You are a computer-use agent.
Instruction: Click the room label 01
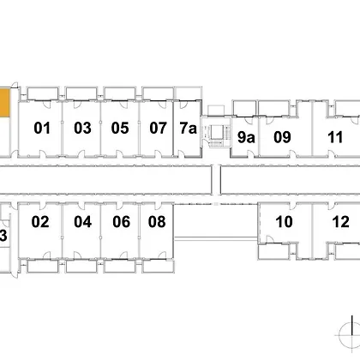pyautogui.click(x=42, y=128)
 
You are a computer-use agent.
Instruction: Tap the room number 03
pyautogui.click(x=82, y=128)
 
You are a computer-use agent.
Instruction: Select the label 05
pyautogui.click(x=120, y=128)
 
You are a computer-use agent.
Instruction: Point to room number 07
pyautogui.click(x=158, y=128)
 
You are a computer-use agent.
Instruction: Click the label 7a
pyautogui.click(x=189, y=128)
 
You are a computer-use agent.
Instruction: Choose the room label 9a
pyautogui.click(x=246, y=137)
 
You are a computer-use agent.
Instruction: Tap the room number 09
pyautogui.click(x=282, y=137)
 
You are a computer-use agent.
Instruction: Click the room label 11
pyautogui.click(x=335, y=137)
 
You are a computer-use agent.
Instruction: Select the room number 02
pyautogui.click(x=40, y=222)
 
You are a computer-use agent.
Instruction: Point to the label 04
pyautogui.click(x=83, y=222)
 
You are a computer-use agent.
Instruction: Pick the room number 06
pyautogui.click(x=122, y=222)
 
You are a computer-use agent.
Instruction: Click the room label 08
pyautogui.click(x=157, y=222)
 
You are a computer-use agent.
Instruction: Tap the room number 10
pyautogui.click(x=284, y=222)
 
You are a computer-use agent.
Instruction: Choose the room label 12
pyautogui.click(x=341, y=222)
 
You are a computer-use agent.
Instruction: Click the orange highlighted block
pyautogui.click(x=5, y=103)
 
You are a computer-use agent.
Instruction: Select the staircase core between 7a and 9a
pyautogui.click(x=216, y=132)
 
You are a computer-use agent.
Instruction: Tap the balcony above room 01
pyautogui.click(x=43, y=93)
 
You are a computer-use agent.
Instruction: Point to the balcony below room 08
pyautogui.click(x=159, y=267)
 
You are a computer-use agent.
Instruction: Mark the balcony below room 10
pyautogui.click(x=274, y=252)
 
